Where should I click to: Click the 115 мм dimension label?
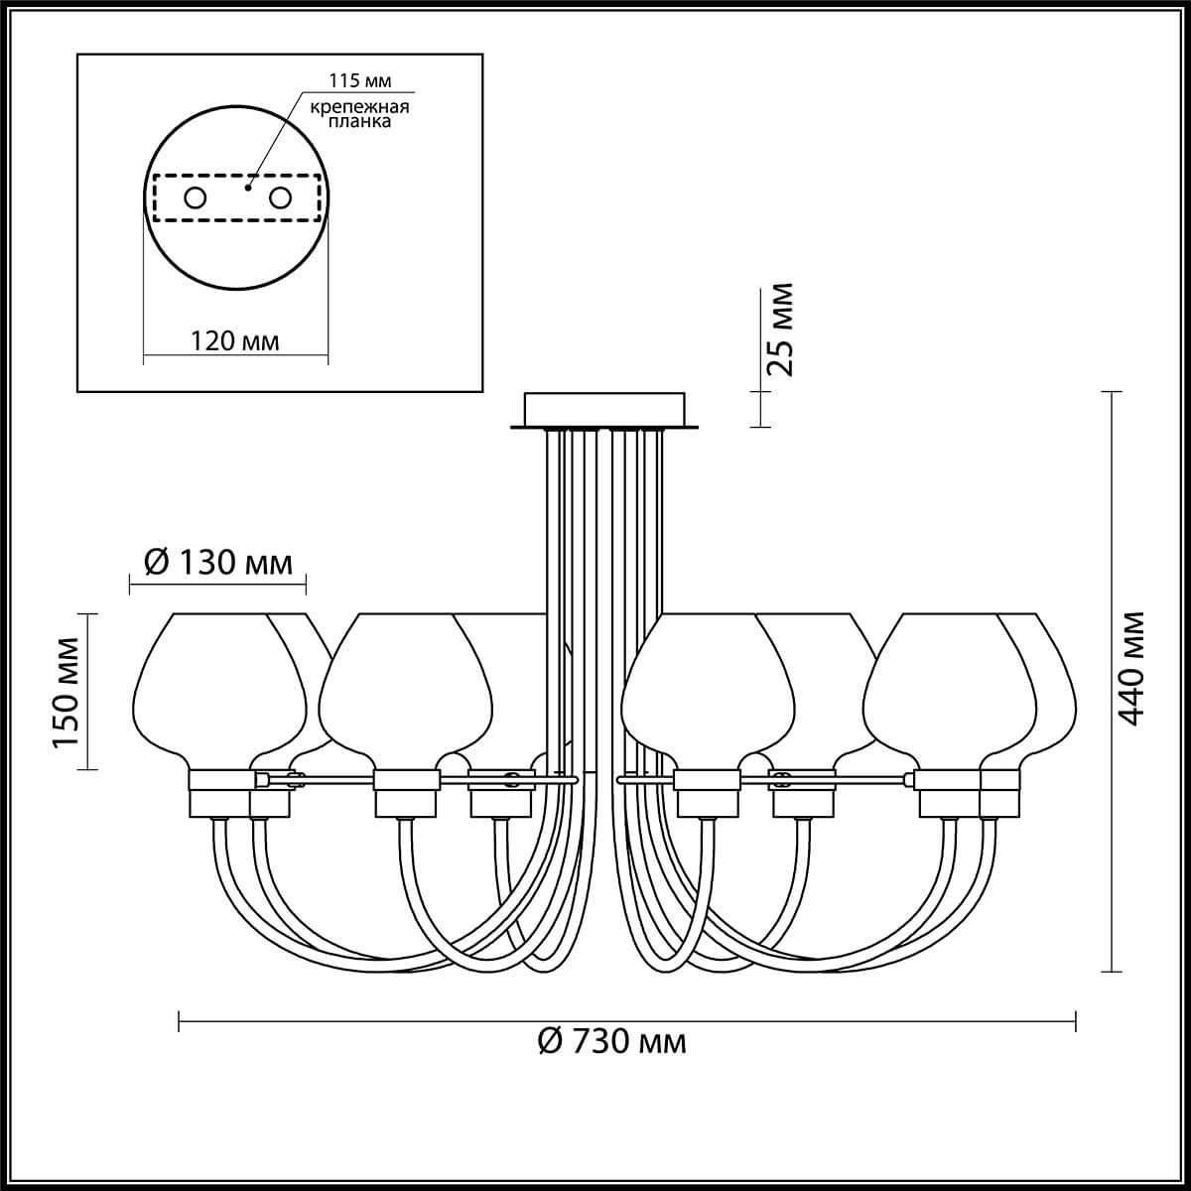[359, 80]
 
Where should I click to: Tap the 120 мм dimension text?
[234, 340]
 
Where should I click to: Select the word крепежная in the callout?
[359, 107]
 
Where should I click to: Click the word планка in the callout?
[359, 121]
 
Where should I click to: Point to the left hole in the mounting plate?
[196, 198]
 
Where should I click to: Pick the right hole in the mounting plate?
[280, 198]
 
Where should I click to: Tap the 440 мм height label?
[1131, 669]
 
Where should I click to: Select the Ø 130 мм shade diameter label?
[218, 563]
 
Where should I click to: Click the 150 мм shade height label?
[66, 693]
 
